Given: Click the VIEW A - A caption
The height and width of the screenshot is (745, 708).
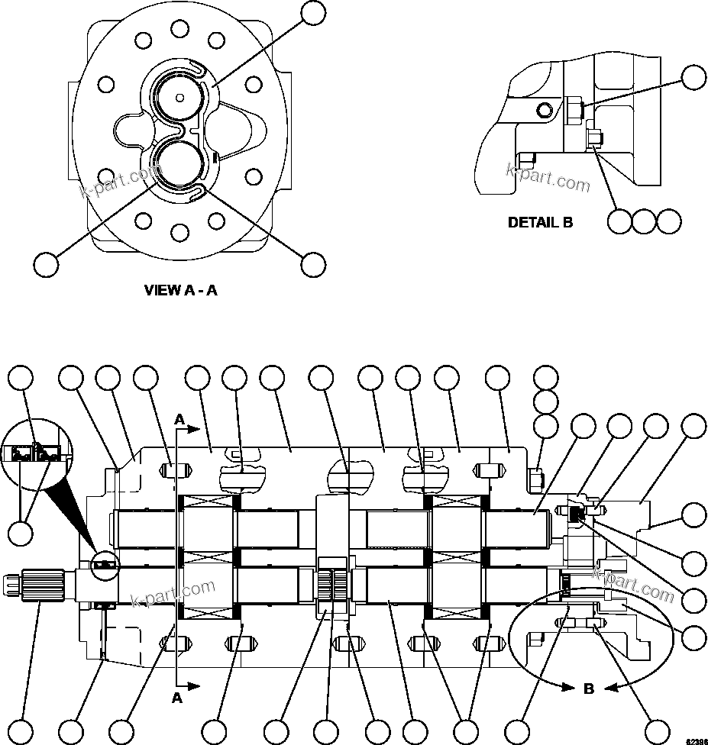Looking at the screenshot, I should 181,290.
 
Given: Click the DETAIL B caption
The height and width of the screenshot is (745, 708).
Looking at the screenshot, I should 540,223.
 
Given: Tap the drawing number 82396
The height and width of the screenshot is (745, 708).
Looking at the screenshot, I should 694,740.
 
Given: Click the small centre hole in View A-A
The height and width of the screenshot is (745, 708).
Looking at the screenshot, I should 179,97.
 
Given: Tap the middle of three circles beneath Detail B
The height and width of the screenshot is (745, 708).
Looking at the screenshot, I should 645,221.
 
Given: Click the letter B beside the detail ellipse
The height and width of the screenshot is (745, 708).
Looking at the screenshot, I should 589,689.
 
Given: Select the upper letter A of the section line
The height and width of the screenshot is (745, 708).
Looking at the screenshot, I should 179,419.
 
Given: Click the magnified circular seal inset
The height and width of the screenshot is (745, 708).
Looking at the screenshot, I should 35,454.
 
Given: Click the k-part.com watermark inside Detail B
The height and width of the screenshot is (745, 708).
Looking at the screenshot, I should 548,177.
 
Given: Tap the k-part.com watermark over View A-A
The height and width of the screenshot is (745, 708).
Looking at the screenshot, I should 118,182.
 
